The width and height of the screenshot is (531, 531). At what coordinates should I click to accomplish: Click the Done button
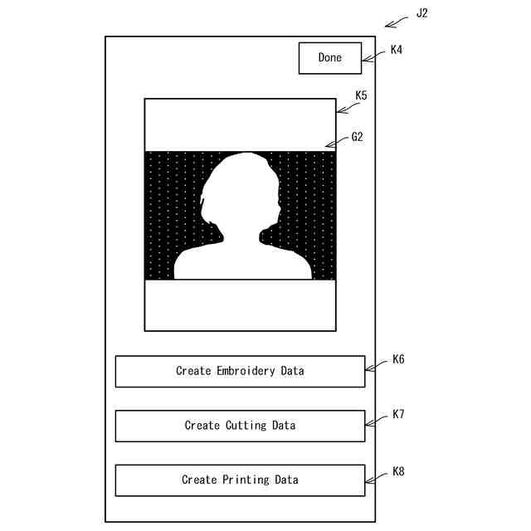[x=330, y=58]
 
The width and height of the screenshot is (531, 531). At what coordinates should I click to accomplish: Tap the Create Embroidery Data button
[x=240, y=371]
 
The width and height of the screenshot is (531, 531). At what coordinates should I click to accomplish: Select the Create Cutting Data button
[x=240, y=426]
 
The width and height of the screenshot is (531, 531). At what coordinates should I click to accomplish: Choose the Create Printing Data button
[x=240, y=480]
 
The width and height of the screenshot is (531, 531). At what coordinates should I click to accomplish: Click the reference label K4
[x=397, y=50]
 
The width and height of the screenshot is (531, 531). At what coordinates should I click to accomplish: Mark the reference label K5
[x=361, y=95]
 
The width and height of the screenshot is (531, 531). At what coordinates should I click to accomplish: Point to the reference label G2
[x=358, y=137]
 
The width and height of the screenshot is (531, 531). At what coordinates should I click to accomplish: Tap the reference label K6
[x=398, y=361]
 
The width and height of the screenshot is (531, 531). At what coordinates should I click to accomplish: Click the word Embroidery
[x=246, y=371]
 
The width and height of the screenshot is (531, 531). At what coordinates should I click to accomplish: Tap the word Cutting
[x=247, y=426]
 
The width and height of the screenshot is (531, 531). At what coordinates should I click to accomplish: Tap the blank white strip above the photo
[x=240, y=124]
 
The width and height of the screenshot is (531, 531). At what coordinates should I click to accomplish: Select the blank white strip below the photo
[x=240, y=304]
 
